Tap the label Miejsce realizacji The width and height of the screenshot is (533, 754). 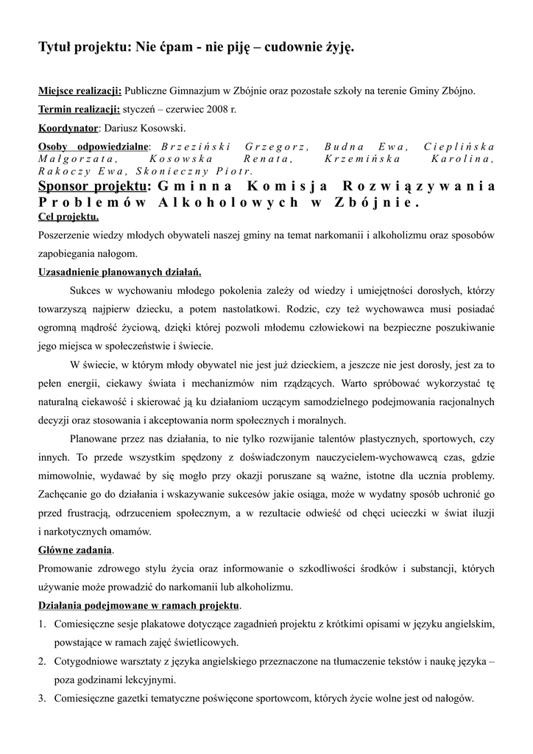80,91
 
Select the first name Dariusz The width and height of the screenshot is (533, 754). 121,128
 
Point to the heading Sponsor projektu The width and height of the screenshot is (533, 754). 93,186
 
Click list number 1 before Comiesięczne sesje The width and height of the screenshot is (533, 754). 42,624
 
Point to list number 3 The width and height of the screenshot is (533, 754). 42,698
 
